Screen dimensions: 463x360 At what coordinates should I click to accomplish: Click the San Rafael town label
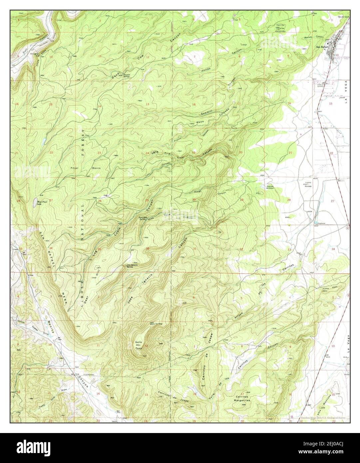coord(321,47)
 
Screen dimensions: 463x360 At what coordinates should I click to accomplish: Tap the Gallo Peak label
coord(139,344)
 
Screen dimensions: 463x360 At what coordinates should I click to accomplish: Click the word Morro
coord(96,168)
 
